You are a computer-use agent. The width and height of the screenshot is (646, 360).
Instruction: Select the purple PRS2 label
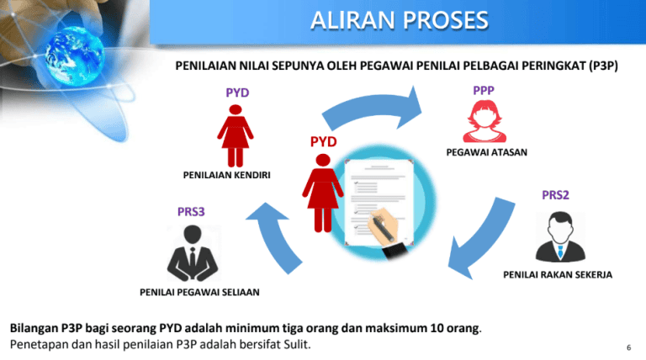(x=555, y=194)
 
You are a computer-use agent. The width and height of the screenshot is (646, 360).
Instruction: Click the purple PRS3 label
(x=191, y=211)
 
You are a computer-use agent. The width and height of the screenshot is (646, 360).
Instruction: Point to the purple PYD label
(x=237, y=92)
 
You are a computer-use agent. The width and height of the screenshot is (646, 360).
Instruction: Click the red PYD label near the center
(x=323, y=140)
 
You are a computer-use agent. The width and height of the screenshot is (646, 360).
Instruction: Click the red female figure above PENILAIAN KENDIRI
(x=236, y=135)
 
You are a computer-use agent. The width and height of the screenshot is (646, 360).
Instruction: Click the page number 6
(x=629, y=347)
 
